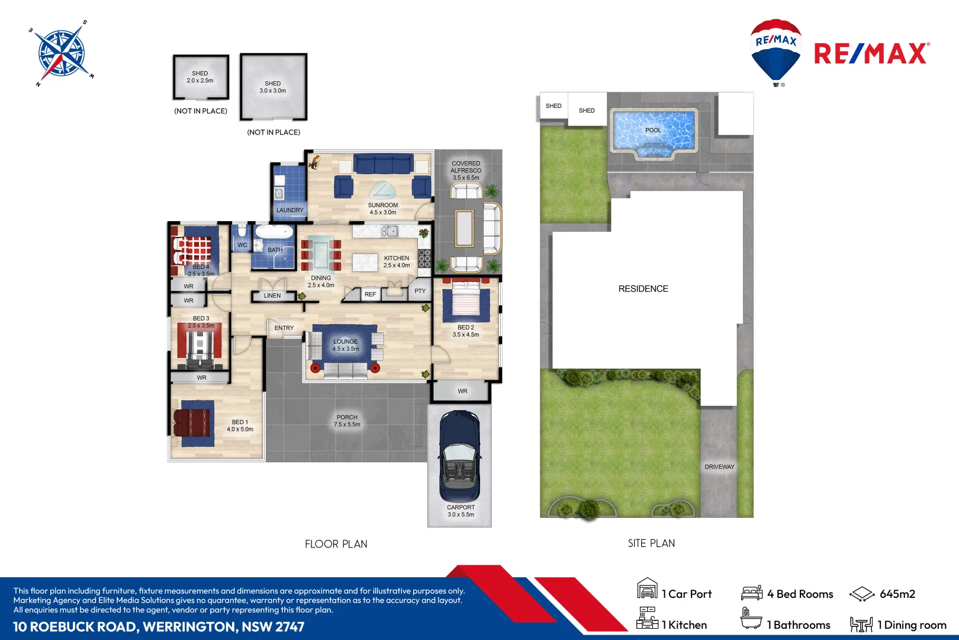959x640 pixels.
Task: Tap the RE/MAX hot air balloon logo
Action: click(x=775, y=51)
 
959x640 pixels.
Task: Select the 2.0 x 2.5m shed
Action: click(x=201, y=78)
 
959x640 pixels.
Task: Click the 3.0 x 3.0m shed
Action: click(x=273, y=87)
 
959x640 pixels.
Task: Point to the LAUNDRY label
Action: click(x=289, y=210)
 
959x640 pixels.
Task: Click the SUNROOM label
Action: click(x=383, y=206)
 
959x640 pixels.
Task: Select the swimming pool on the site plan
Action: click(x=653, y=133)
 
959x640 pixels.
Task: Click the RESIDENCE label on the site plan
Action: click(x=643, y=289)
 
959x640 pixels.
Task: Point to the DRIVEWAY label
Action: click(x=719, y=467)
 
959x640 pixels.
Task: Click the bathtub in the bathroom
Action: click(x=274, y=232)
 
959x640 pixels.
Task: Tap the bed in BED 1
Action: click(x=194, y=423)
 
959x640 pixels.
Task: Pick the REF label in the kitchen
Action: click(x=370, y=295)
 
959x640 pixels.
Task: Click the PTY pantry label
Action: click(x=420, y=291)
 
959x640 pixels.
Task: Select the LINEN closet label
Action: click(x=272, y=296)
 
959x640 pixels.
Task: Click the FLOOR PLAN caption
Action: click(x=336, y=544)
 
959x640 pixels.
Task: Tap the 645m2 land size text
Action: click(x=897, y=594)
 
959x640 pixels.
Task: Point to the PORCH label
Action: click(x=347, y=417)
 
